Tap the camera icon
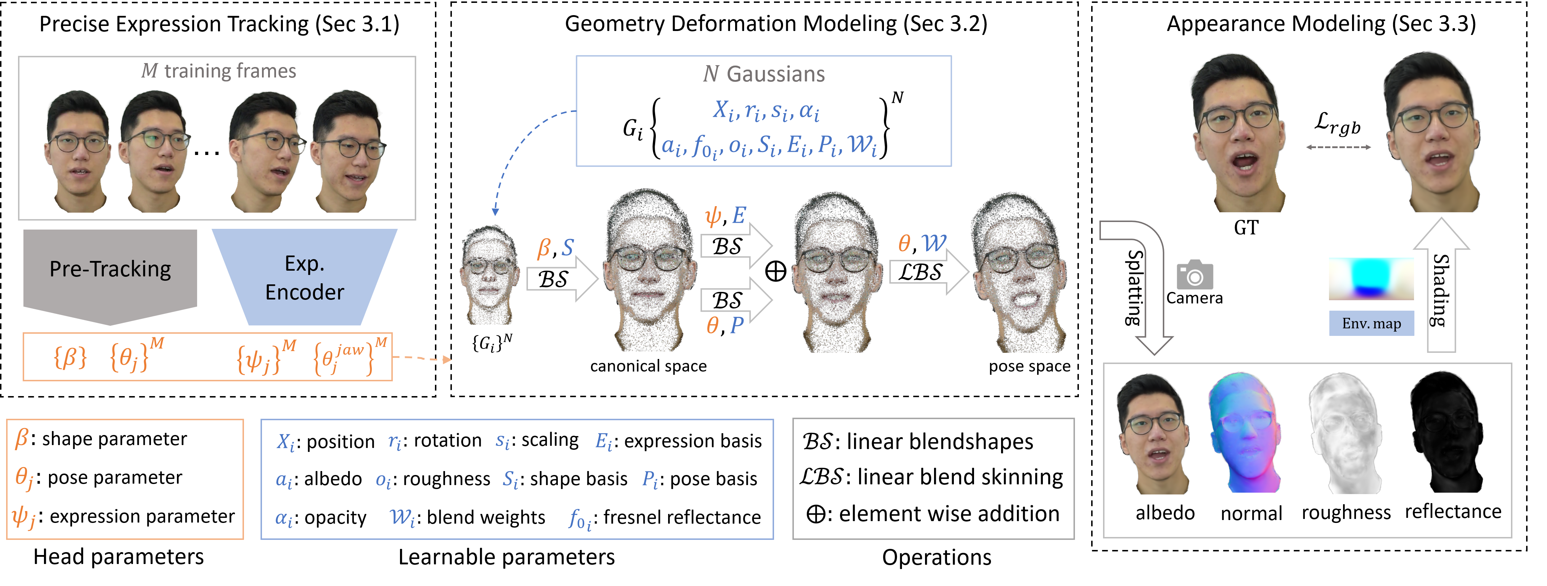pos(1195,275)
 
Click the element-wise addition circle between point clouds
pos(775,271)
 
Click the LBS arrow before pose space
pos(928,272)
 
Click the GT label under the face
pos(1246,228)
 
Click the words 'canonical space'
pos(649,366)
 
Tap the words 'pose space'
pos(1029,366)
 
